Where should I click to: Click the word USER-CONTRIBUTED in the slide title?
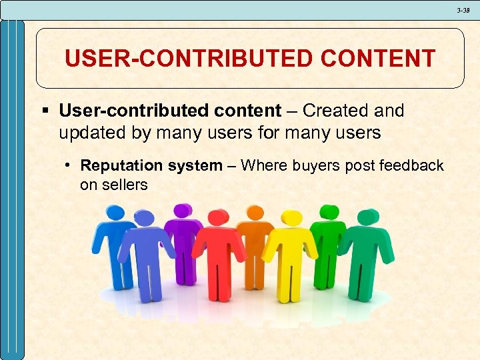point(189,59)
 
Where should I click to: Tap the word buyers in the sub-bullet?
point(316,166)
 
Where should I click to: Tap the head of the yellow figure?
point(292,219)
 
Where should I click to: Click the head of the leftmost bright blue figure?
point(115,213)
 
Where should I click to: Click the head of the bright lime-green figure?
point(329,212)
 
